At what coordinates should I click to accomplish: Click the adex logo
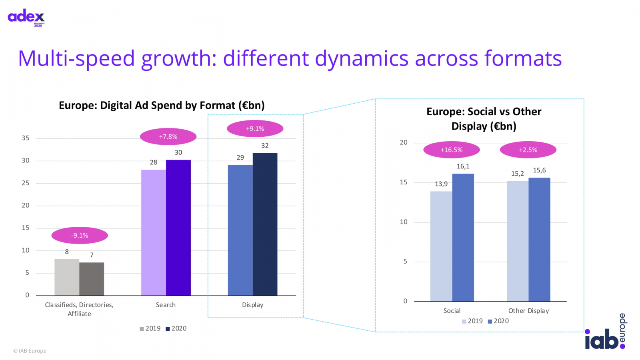(26, 17)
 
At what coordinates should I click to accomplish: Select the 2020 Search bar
(178, 228)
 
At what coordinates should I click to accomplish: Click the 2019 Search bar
(154, 232)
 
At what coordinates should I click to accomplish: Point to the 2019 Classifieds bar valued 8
(67, 277)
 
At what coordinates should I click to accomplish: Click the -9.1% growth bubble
(80, 236)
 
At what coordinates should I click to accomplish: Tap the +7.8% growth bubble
(168, 137)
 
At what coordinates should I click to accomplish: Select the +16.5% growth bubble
(451, 150)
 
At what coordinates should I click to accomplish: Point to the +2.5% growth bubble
(528, 150)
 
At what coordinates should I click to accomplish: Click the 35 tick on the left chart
(26, 138)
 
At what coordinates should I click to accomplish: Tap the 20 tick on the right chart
(404, 142)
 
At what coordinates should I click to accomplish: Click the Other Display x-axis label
(528, 311)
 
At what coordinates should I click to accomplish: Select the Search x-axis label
(166, 305)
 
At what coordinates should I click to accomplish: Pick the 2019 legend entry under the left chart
(150, 328)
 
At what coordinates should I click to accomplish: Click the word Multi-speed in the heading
(76, 58)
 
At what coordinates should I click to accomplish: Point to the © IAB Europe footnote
(30, 351)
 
